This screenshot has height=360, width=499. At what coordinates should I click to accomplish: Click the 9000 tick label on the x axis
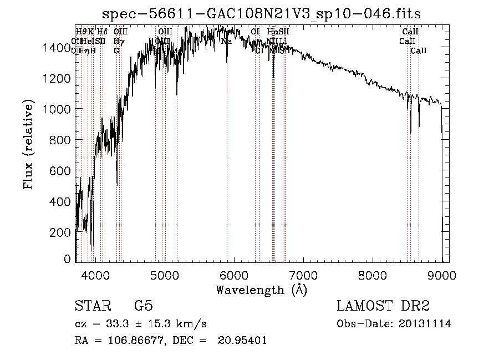click(441, 275)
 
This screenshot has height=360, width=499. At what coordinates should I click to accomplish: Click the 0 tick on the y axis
click(67, 259)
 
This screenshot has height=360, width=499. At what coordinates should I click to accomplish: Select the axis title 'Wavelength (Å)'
click(261, 290)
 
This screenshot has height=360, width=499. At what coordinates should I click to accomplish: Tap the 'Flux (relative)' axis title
click(29, 144)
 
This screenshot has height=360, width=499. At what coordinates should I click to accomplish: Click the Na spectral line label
click(226, 41)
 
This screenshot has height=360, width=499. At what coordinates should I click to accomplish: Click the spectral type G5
click(143, 306)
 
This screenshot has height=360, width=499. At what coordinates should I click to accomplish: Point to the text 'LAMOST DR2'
click(383, 306)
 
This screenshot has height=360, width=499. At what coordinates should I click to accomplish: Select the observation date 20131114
click(425, 323)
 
